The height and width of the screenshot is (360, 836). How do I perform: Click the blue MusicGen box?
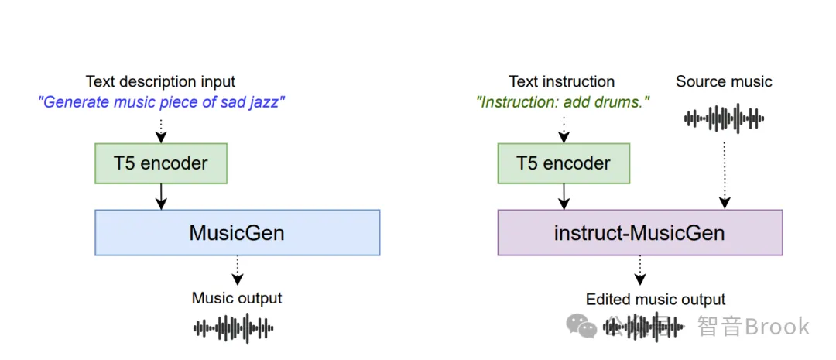point(238,232)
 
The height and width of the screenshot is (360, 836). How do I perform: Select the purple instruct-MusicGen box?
point(640,232)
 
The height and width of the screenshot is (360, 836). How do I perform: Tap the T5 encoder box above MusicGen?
point(160,163)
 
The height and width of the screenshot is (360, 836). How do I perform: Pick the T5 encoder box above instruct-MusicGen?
point(564,163)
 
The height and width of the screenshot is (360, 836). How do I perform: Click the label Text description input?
point(160,81)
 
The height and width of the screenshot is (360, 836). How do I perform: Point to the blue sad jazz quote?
point(160,102)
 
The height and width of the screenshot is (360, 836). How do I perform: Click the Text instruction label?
point(562,81)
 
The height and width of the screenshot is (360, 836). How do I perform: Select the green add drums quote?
point(563,102)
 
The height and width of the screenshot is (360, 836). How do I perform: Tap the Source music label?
point(724,81)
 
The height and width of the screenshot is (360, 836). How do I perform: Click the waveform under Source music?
point(724,118)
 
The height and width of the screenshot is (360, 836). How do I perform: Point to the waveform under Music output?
point(233,327)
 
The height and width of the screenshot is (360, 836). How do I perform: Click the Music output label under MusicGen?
point(238,298)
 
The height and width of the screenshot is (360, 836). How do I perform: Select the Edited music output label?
point(656,299)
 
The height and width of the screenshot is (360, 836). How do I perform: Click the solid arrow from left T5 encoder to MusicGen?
point(160,197)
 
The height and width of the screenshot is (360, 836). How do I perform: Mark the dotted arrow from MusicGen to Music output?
point(238,270)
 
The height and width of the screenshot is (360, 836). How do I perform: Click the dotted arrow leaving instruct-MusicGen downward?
point(640,270)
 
